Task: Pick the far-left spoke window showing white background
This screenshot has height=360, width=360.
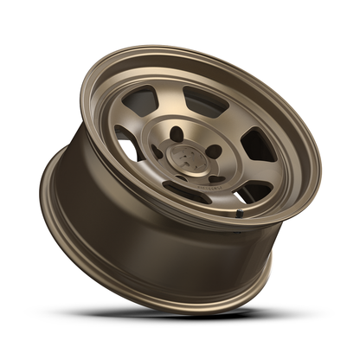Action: (x=128, y=147)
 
